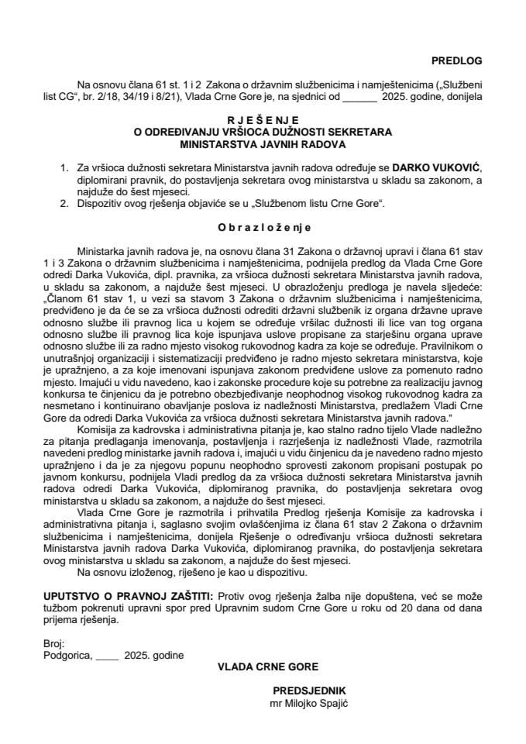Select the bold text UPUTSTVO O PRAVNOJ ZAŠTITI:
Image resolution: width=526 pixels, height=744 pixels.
point(129,596)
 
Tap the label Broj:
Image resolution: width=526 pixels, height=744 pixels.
point(55,642)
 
